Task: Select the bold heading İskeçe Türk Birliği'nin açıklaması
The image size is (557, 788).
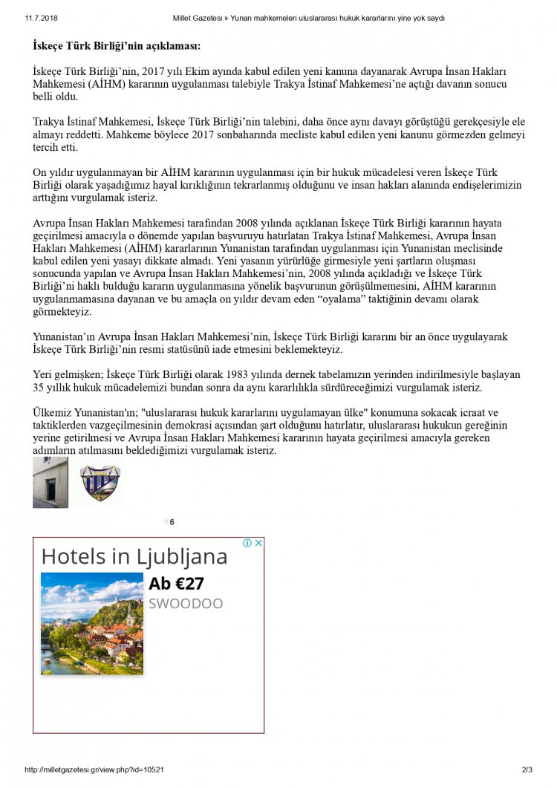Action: click(117, 46)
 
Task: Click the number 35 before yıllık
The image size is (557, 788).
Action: click(39, 388)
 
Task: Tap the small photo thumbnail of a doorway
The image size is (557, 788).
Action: click(51, 483)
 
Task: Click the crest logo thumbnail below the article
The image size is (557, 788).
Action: click(100, 483)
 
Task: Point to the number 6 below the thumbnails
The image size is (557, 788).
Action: click(172, 522)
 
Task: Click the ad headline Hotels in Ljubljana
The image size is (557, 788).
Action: click(134, 556)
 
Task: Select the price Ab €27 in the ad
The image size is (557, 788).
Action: click(176, 584)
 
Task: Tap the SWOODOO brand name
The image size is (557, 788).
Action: click(186, 603)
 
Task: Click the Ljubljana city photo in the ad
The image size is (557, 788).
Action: click(92, 623)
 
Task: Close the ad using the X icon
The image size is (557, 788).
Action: click(258, 543)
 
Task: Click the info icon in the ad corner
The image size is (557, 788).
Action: click(248, 543)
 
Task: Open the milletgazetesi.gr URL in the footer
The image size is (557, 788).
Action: click(94, 770)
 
